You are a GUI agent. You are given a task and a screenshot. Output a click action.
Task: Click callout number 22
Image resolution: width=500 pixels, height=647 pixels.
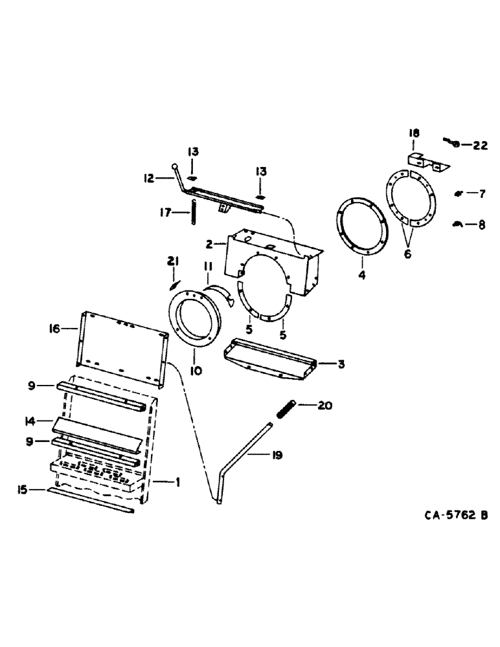(x=479, y=146)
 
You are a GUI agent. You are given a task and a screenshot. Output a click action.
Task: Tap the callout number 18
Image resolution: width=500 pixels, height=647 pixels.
(x=414, y=133)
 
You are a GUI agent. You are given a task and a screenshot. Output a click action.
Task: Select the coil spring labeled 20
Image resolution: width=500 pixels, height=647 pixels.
(x=287, y=410)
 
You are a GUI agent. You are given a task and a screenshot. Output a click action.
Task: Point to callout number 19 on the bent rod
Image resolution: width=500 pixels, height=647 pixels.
(x=277, y=455)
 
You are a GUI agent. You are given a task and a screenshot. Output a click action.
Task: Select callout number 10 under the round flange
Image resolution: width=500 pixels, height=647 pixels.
(x=196, y=371)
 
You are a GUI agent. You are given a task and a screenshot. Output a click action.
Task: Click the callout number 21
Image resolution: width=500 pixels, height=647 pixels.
(x=172, y=261)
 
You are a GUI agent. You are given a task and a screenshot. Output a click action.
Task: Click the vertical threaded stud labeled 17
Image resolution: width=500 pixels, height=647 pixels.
(x=193, y=212)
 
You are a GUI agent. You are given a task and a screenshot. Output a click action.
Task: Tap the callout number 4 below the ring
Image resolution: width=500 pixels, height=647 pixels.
(x=362, y=275)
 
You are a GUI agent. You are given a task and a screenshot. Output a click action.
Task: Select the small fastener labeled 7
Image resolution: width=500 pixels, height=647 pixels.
(x=458, y=192)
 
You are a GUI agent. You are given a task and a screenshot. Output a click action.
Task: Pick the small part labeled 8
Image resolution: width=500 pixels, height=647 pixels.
(x=455, y=223)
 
